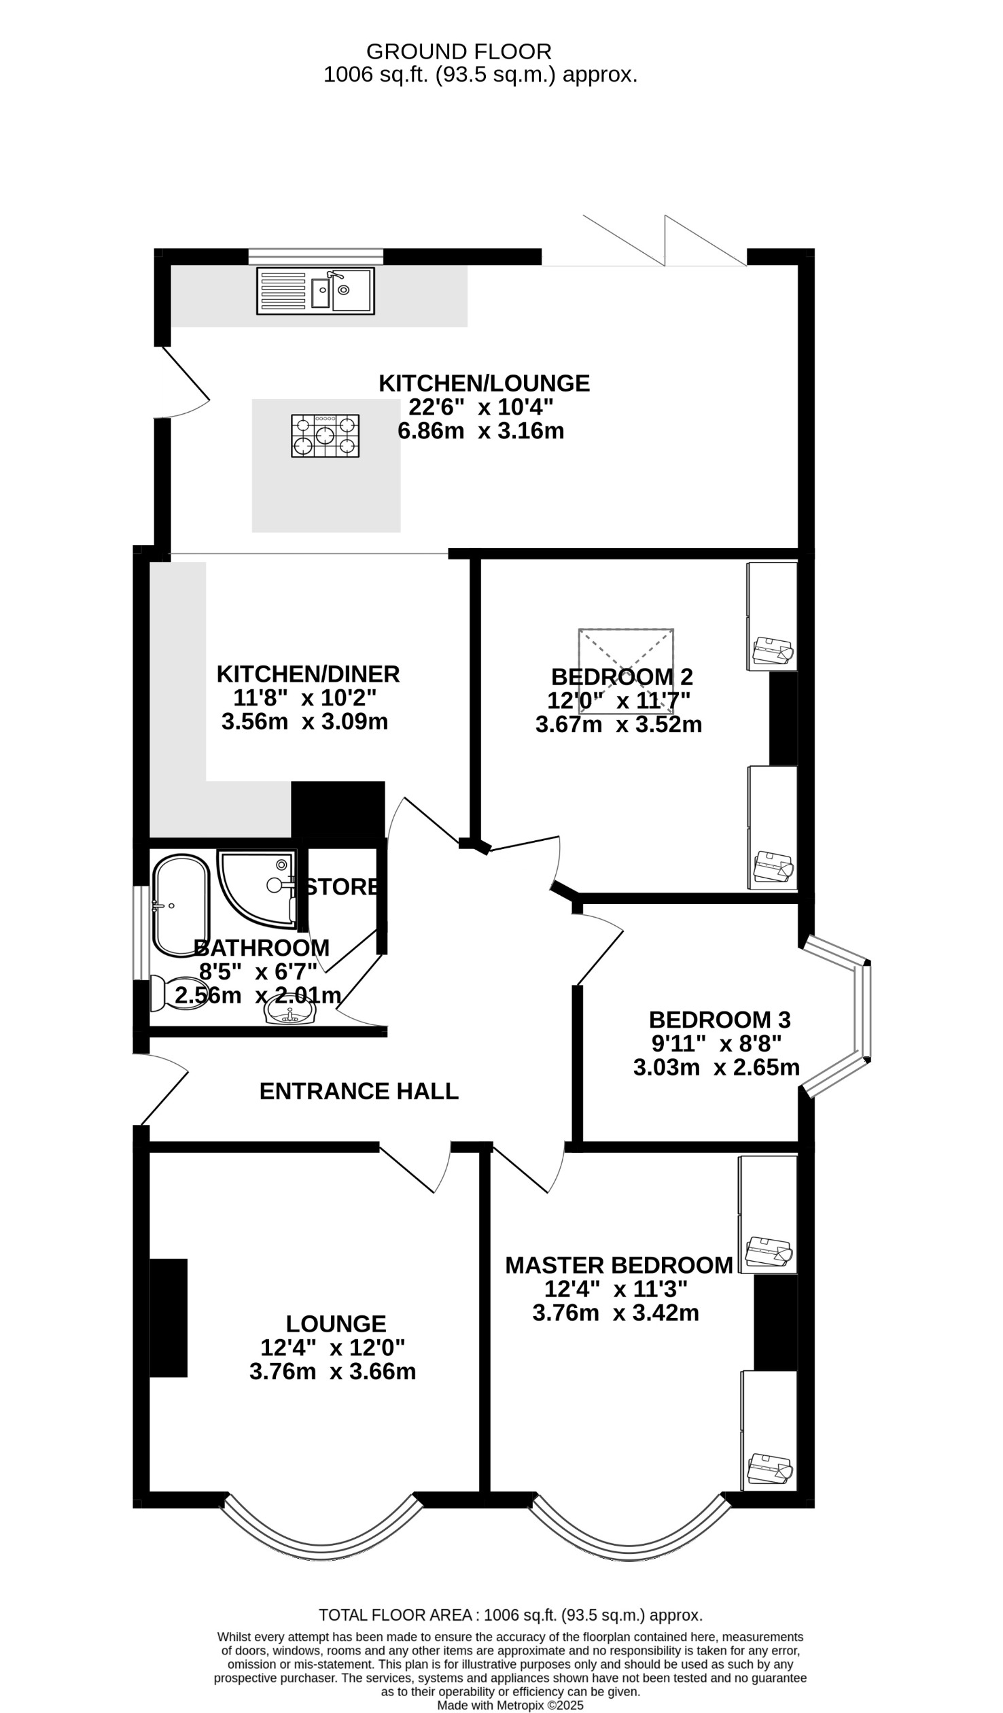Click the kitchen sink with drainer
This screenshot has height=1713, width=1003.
click(315, 291)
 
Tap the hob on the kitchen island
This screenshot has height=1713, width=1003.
click(325, 436)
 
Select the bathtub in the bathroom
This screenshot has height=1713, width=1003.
click(181, 905)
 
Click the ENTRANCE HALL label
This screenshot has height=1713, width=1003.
click(359, 1091)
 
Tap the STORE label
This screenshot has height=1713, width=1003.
click(342, 887)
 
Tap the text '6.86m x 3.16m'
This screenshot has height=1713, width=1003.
click(481, 432)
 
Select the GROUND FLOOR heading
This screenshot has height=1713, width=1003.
click(459, 52)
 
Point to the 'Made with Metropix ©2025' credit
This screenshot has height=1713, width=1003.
click(510, 1705)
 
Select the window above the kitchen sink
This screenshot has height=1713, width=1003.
click(315, 256)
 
